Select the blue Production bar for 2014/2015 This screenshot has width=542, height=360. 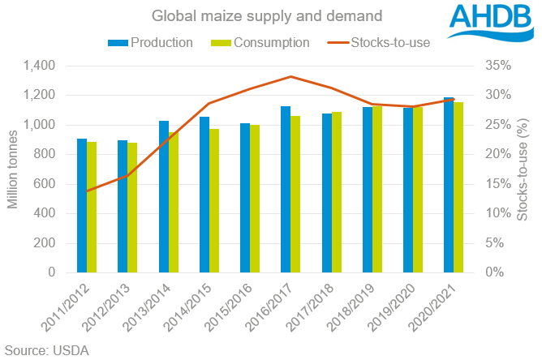[204, 195]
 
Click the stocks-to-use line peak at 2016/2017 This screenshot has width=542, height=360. [290, 77]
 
